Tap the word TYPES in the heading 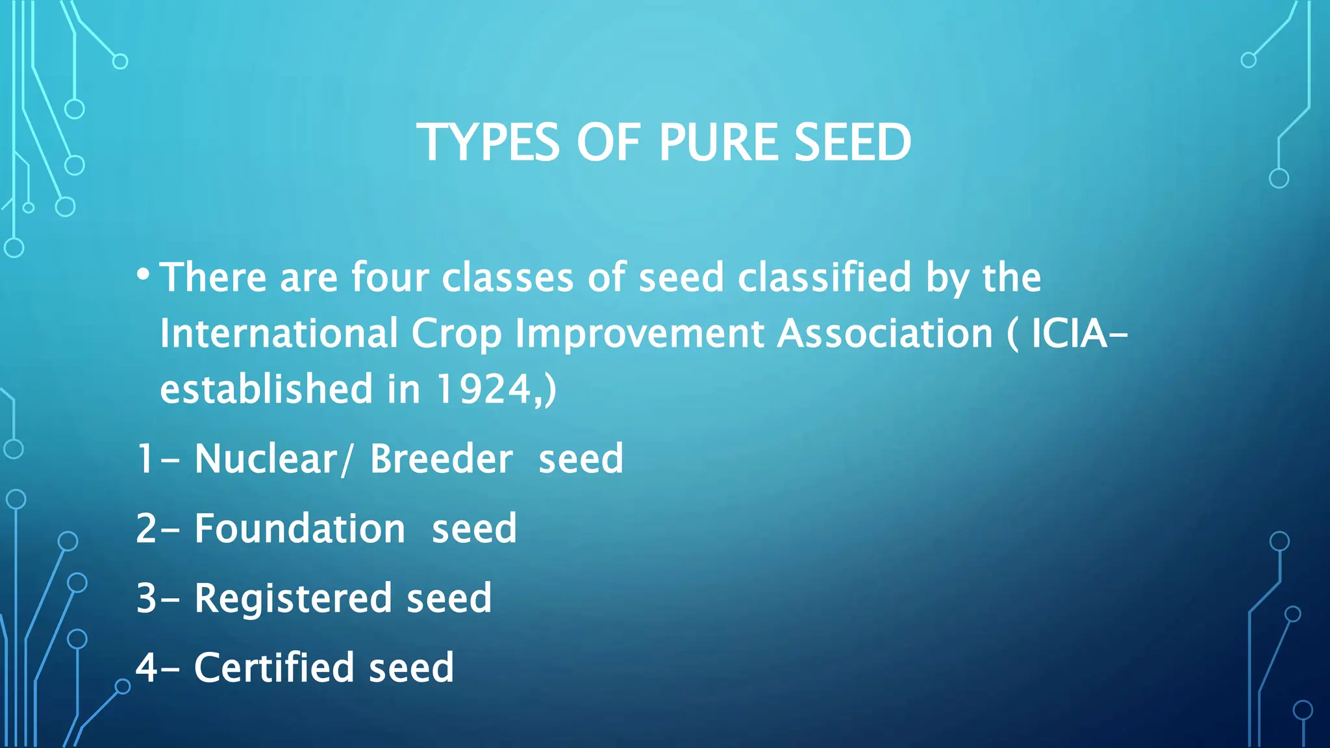pos(487,142)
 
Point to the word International pos(279,333)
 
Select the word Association pos(885,333)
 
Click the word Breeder pos(441,458)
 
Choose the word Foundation pos(299,528)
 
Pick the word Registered pos(293,598)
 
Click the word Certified pos(273,667)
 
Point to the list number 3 pos(146,598)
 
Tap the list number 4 pos(146,667)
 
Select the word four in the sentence pos(390,277)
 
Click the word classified pos(825,277)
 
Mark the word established pos(266,389)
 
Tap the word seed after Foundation pos(474,528)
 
